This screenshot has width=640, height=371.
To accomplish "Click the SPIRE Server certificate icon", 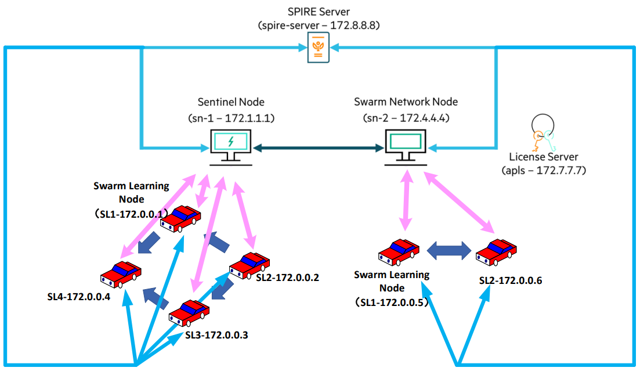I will point(318,47).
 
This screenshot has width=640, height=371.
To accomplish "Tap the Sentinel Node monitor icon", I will point(231,145).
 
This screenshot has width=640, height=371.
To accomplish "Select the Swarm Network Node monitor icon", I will point(406,145).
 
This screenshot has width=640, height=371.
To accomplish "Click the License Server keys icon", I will point(543,133).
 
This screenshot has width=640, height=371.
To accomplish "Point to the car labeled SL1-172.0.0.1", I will point(180,219).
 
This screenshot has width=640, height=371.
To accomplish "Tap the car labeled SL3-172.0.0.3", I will point(189,314).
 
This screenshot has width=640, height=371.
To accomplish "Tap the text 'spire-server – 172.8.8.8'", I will point(318,26).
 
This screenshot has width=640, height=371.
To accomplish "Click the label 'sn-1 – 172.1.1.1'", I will point(231,118).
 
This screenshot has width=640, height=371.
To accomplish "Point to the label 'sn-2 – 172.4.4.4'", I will point(406,118).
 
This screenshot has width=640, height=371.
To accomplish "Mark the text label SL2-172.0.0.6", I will point(511,280).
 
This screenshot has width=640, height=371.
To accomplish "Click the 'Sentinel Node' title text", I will point(231,102).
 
